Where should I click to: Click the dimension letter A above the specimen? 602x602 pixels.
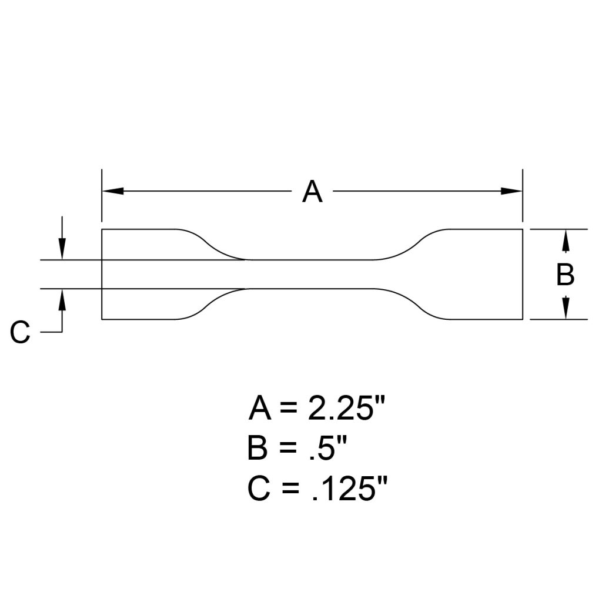tap(312, 192)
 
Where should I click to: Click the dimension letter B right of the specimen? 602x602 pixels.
tap(565, 275)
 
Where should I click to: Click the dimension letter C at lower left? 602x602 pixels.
tap(20, 333)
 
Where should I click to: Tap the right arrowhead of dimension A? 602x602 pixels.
tap(511, 191)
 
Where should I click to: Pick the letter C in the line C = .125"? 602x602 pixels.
tap(259, 490)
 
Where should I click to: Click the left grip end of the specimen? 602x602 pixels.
tap(138, 274)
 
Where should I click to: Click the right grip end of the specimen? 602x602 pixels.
tap(485, 274)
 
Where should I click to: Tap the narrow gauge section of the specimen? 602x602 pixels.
tap(312, 274)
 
